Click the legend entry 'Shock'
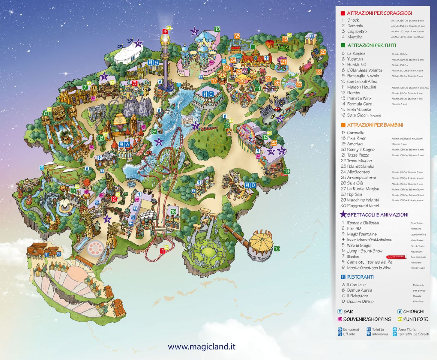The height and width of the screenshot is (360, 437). click(x=353, y=20)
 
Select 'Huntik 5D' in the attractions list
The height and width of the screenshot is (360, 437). click(x=356, y=64)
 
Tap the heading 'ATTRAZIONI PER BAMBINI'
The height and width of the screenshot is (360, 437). click(x=375, y=125)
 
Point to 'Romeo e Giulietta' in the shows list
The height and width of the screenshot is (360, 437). click(x=363, y=223)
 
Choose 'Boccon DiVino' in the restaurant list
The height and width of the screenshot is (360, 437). click(x=360, y=301)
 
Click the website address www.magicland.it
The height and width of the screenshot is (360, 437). click(x=202, y=347)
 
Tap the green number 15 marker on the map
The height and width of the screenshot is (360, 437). click(x=277, y=248)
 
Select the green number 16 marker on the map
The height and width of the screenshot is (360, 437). click(x=173, y=211)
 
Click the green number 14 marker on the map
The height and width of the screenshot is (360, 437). click(x=287, y=172)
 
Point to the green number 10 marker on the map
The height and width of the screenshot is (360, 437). click(x=217, y=29)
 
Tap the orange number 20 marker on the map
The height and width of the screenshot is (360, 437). click(x=323, y=52)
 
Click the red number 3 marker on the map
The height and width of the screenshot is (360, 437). click(x=135, y=83)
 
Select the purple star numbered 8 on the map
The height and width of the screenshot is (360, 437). click(x=138, y=43)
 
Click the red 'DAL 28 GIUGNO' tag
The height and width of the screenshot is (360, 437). click(x=396, y=257)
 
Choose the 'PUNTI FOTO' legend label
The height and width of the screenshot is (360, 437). click(x=415, y=319)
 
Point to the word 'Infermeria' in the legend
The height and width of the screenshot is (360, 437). click(x=380, y=334)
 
